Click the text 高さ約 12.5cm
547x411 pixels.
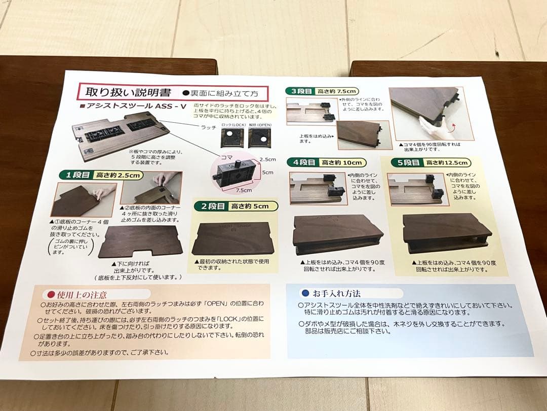pyautogui.click(x=448, y=162)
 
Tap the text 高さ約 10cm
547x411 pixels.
pyautogui.click(x=342, y=162)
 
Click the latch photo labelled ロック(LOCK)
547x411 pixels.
pyautogui.click(x=231, y=138)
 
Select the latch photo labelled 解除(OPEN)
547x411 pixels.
pyautogui.click(x=259, y=138)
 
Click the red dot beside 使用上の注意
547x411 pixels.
pyautogui.click(x=50, y=294)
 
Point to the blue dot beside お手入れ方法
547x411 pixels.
pyautogui.click(x=305, y=293)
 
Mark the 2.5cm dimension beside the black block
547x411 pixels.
pyautogui.click(x=267, y=159)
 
